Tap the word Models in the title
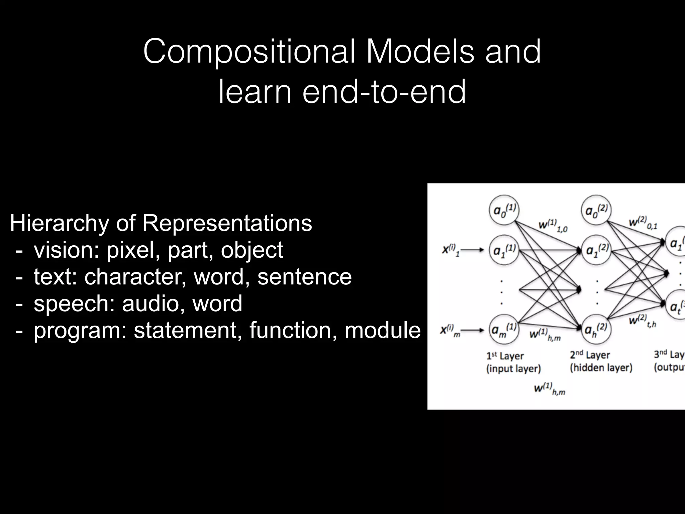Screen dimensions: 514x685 (420, 52)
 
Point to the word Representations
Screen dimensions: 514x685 (227, 223)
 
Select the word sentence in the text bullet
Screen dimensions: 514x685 (304, 277)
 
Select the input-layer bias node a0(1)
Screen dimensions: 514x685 (504, 211)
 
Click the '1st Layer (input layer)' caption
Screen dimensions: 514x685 (513, 362)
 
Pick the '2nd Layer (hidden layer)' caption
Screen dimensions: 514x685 (601, 361)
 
